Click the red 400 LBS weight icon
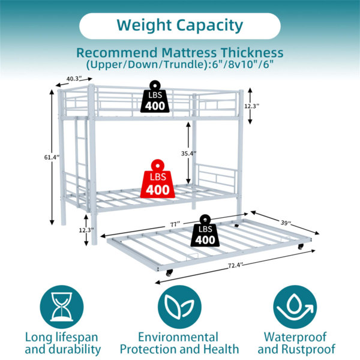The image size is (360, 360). [x=157, y=179]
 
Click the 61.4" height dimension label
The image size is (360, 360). [x=52, y=157]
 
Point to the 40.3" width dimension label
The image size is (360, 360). [x=74, y=79]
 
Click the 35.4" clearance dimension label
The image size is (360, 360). [x=189, y=154]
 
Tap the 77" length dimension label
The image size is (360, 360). [x=175, y=224]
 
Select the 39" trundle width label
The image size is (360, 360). [x=286, y=223]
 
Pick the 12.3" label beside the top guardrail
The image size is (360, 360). [x=251, y=106]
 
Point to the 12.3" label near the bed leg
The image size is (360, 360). [x=86, y=230]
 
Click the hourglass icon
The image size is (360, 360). [x=62, y=307]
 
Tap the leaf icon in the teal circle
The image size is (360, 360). [x=179, y=307]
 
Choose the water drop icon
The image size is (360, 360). [x=295, y=307]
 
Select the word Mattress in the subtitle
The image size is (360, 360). [x=189, y=53]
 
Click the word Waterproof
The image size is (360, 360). [x=295, y=337]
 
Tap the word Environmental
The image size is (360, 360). [x=178, y=337]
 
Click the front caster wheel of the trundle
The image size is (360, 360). [x=169, y=273]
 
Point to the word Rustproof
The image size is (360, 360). [x=308, y=349]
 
